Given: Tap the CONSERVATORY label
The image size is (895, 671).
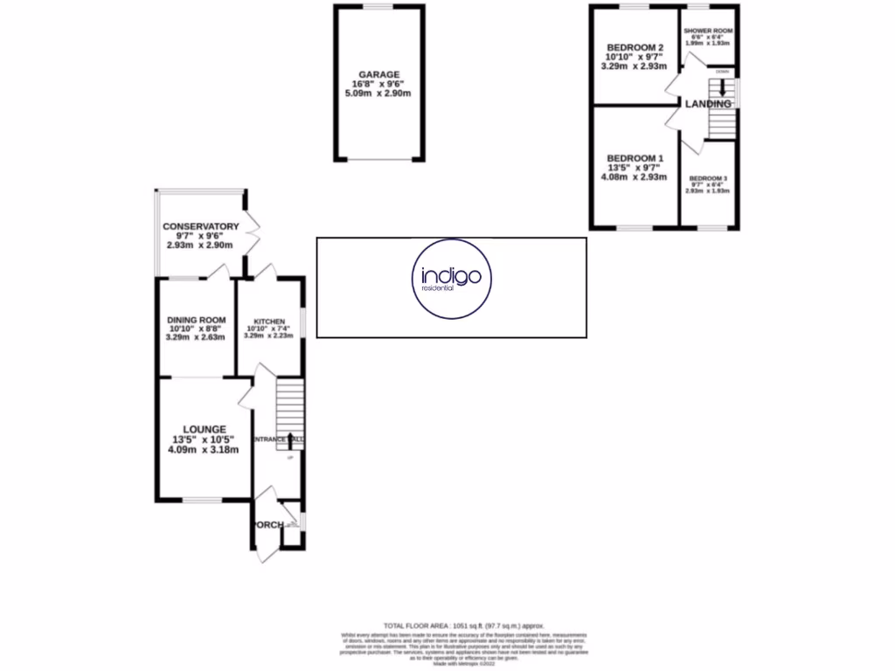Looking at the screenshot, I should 200,227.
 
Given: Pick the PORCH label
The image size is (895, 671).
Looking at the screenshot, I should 267,525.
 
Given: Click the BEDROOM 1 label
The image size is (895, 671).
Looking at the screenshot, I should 637,158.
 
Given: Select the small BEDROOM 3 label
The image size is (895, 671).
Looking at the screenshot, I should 707,176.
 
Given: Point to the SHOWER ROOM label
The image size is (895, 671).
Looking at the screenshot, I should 708,31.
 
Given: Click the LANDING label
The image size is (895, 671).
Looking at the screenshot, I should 708,104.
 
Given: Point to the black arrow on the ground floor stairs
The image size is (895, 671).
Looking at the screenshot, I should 289,434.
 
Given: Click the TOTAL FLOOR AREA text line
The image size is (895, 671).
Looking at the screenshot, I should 447,626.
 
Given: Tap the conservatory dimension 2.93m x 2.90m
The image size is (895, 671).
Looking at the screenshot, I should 200,246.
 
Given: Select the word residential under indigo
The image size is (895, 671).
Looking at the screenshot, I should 434,288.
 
